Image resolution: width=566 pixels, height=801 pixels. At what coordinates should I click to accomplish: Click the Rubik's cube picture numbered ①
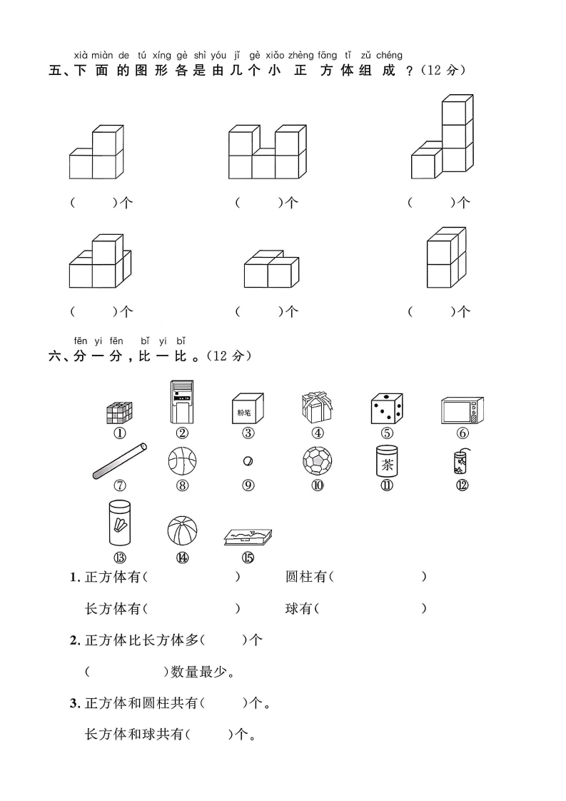click(x=119, y=413)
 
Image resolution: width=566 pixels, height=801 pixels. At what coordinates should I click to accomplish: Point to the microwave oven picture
click(x=462, y=411)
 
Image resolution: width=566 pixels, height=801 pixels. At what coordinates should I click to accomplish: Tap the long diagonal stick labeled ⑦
click(x=120, y=460)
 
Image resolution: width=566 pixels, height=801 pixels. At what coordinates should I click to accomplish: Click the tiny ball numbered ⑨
click(x=248, y=460)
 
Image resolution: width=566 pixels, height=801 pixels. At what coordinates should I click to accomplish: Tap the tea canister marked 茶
click(x=387, y=461)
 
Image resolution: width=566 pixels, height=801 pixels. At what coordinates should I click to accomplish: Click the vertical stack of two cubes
click(x=446, y=257)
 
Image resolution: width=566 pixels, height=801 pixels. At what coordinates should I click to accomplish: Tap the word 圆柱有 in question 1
click(x=305, y=577)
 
